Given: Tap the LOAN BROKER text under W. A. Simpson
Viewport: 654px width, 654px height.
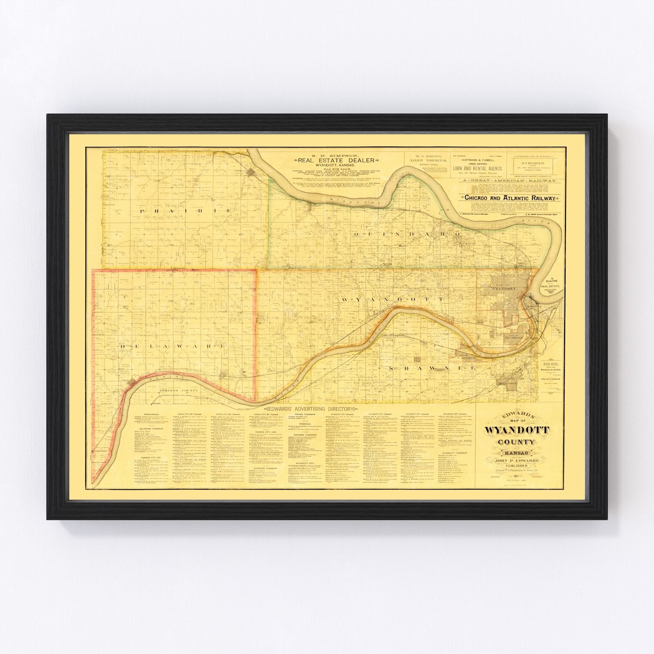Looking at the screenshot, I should coord(427,160).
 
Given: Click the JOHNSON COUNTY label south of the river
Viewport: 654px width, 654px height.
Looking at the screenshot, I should coord(176,378).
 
